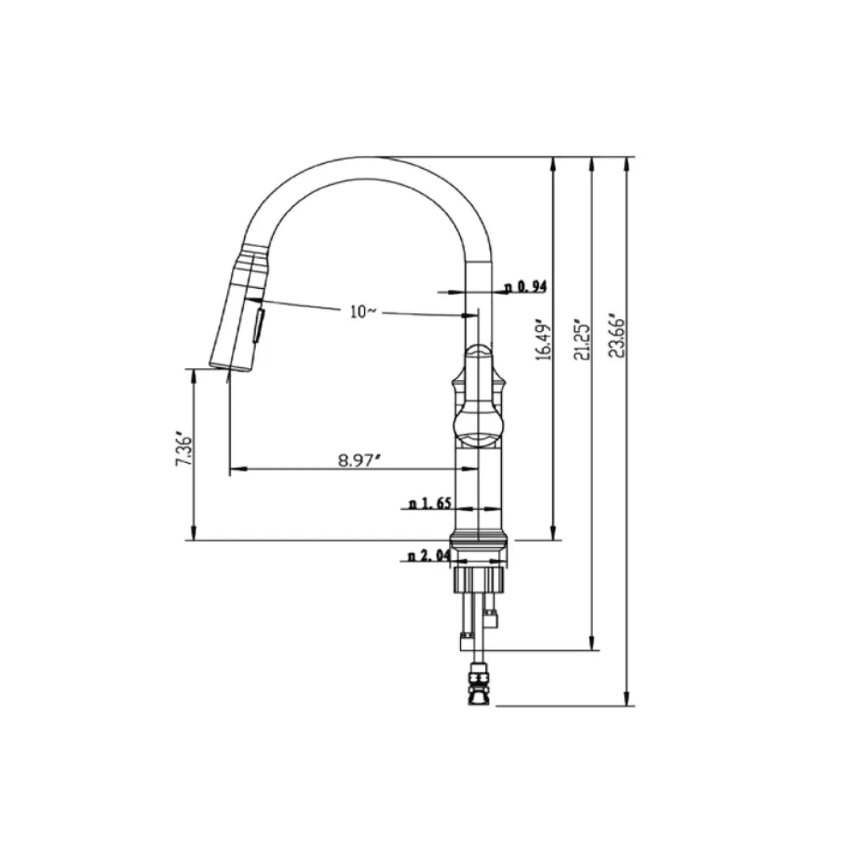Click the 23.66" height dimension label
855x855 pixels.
[x=619, y=337]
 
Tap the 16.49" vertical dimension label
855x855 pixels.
[x=544, y=341]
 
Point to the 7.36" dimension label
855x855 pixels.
[x=184, y=450]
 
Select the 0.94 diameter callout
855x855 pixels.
[x=526, y=287]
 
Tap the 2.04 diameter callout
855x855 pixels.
[x=429, y=557]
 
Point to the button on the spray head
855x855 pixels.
[x=257, y=325]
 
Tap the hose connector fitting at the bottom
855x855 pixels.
[x=477, y=684]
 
